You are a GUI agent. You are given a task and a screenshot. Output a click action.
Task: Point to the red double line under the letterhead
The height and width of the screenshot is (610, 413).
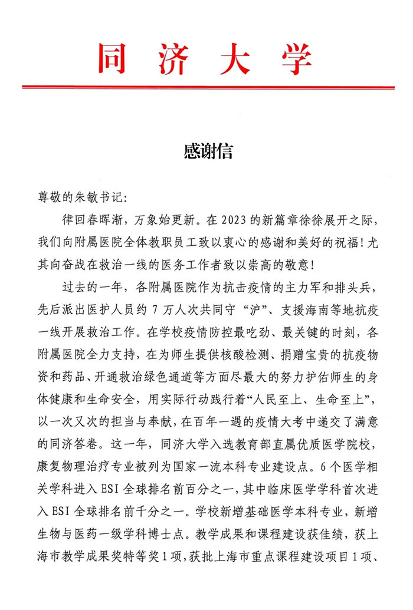[x=208, y=87]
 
